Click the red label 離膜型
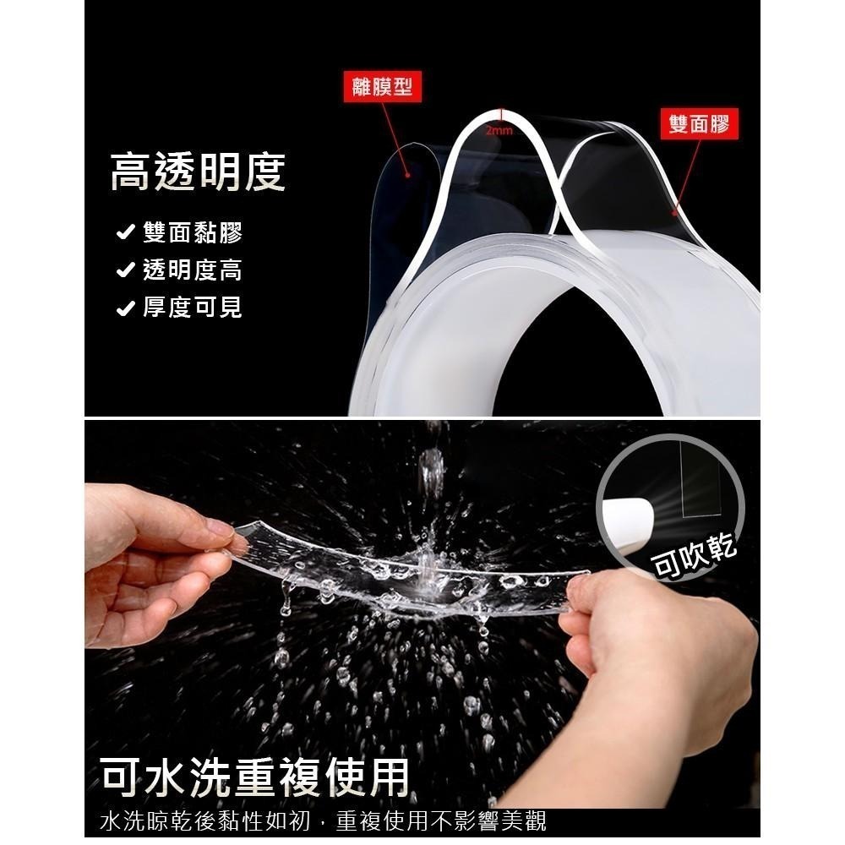(x=385, y=86)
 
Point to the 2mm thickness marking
(x=499, y=131)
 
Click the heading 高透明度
(x=198, y=172)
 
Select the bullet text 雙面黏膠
(x=193, y=233)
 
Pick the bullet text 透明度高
(x=193, y=270)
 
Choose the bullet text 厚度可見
(x=193, y=308)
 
